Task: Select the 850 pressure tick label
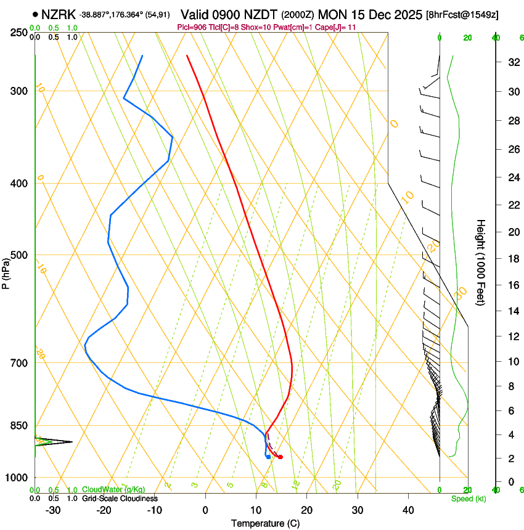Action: pyautogui.click(x=18, y=426)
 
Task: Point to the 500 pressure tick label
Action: pyautogui.click(x=18, y=255)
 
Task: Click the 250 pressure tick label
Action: pyautogui.click(x=18, y=32)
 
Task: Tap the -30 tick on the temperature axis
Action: pyautogui.click(x=53, y=510)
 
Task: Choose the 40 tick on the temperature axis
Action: pyautogui.click(x=408, y=510)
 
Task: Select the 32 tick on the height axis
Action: pyautogui.click(x=512, y=62)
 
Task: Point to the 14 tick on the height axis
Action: pyautogui.click(x=512, y=311)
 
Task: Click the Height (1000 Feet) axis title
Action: pyautogui.click(x=481, y=262)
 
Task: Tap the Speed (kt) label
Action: pyautogui.click(x=469, y=499)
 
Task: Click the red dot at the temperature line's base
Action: pyautogui.click(x=280, y=457)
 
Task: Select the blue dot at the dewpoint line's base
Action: pyautogui.click(x=268, y=457)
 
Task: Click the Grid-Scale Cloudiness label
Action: pyautogui.click(x=120, y=498)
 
